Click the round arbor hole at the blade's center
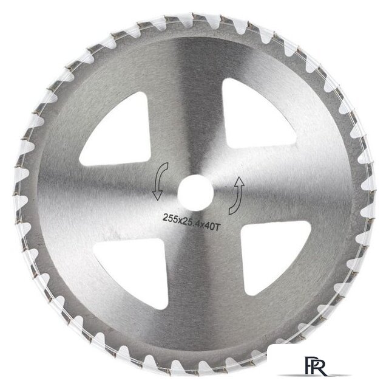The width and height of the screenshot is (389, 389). click(196, 192)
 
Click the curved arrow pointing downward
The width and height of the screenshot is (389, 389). click(160, 181)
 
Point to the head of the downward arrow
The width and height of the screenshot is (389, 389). click(157, 195)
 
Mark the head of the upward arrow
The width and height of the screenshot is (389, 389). click(239, 182)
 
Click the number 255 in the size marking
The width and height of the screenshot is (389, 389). click(169, 218)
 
